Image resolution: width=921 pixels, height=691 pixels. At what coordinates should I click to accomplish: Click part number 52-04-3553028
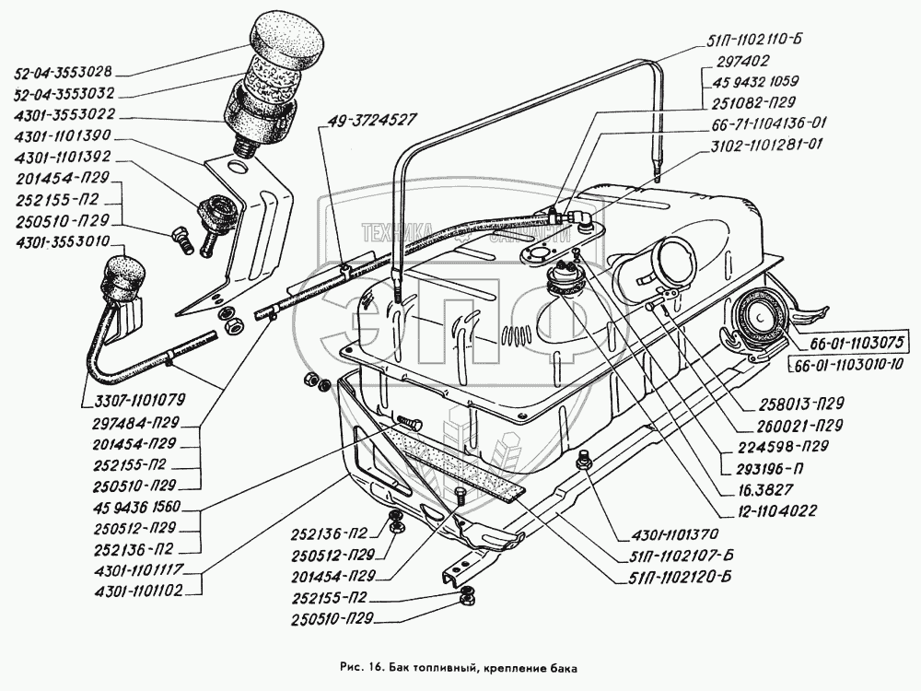(x=63, y=72)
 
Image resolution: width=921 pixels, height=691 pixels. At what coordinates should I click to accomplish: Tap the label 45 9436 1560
(x=137, y=507)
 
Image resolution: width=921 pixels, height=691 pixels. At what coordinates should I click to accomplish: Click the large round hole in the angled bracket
(x=239, y=168)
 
